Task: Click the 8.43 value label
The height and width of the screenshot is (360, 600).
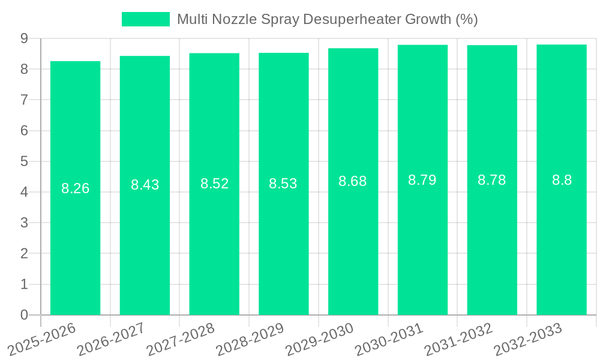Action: (x=145, y=185)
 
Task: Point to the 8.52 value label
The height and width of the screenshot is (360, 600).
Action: (x=215, y=184)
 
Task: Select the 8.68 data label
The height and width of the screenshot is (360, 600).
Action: (x=353, y=181)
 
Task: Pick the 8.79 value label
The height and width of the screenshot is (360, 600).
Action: (x=422, y=180)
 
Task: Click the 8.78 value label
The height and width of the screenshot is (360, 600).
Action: (x=492, y=180)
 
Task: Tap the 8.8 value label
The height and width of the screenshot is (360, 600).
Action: (x=562, y=180)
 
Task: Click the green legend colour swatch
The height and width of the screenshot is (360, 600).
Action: (x=146, y=19)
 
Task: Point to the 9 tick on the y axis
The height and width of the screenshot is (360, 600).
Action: (x=24, y=38)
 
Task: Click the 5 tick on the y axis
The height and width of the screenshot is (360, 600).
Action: (x=24, y=161)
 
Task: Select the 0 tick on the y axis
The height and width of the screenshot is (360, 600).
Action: (x=24, y=315)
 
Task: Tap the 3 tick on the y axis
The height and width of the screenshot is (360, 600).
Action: (x=24, y=223)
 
